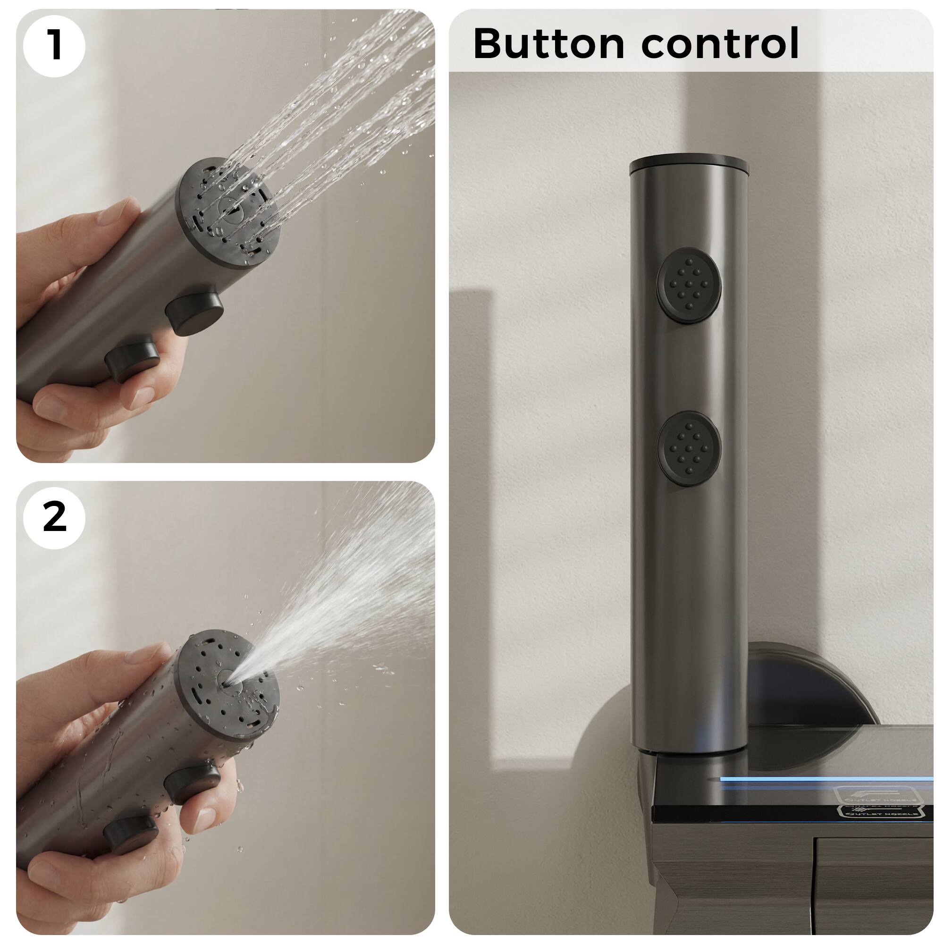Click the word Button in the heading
[548, 44]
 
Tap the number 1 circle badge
[54, 46]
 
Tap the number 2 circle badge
[54, 517]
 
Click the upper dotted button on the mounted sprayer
[689, 286]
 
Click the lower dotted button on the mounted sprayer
[689, 448]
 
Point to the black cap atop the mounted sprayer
[690, 165]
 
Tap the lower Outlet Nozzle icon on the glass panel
[879, 811]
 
